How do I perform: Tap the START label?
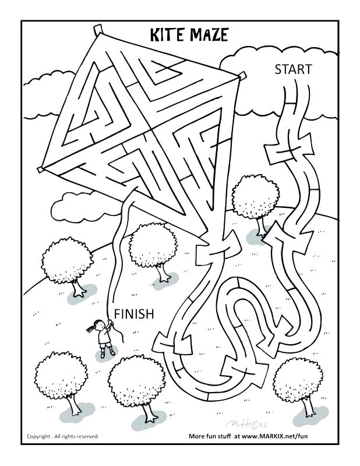(293, 70)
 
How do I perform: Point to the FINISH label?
(134, 315)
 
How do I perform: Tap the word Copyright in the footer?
(41, 436)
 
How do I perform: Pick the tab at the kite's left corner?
(41, 170)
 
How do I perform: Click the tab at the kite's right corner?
(238, 75)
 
